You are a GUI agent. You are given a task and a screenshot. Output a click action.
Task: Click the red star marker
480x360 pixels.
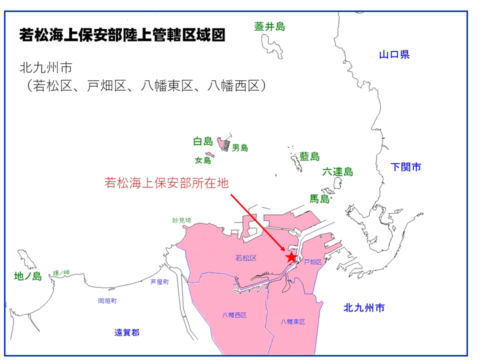click(291, 257)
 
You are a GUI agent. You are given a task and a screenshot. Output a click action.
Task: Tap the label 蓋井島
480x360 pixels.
click(269, 26)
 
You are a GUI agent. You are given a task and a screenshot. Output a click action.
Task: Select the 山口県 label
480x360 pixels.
click(394, 54)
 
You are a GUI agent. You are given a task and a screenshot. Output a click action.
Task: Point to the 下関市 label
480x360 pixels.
click(406, 167)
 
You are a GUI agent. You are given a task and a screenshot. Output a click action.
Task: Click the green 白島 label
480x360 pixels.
click(203, 141)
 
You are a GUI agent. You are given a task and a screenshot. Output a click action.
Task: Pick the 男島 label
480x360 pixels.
click(240, 147)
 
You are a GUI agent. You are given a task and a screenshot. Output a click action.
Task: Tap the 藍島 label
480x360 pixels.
click(309, 156)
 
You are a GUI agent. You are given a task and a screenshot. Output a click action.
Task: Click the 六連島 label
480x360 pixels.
click(337, 172)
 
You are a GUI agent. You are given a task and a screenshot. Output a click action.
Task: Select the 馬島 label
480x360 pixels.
click(320, 199)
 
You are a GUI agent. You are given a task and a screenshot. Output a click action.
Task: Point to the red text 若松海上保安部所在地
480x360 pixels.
click(166, 183)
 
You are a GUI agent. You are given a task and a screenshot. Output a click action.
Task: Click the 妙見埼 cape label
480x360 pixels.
click(181, 220)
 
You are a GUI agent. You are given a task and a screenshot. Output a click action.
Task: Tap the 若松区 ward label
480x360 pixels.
click(245, 258)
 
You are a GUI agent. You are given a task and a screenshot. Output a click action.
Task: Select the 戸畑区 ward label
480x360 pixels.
click(313, 261)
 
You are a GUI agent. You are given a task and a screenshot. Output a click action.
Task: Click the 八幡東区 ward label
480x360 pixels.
click(293, 321)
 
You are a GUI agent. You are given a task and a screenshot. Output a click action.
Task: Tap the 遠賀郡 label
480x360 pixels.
click(127, 332)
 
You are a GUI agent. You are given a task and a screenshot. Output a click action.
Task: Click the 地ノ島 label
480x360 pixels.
click(28, 275)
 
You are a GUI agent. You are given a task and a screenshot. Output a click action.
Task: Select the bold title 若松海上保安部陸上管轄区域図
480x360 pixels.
click(122, 35)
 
